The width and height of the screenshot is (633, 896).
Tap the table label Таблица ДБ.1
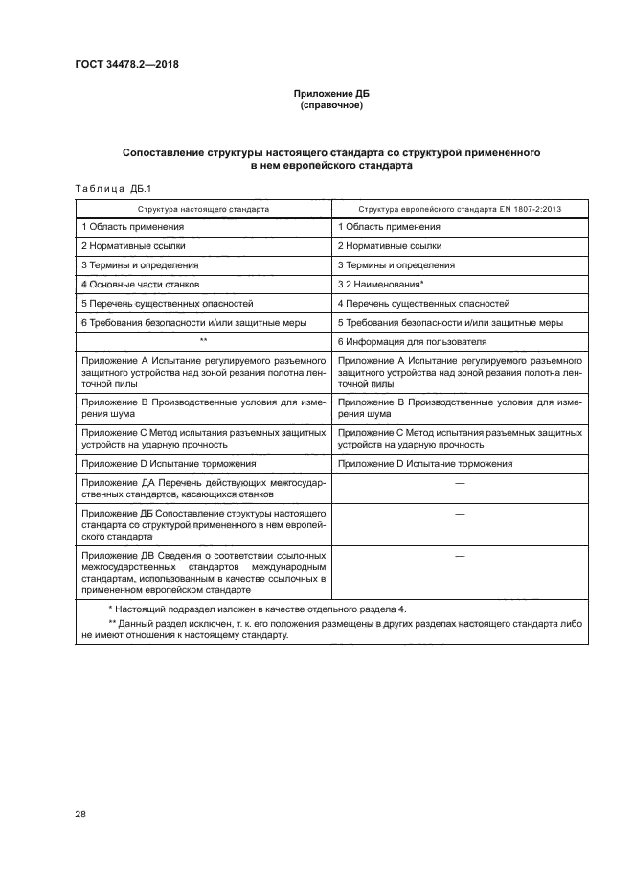click(105, 188)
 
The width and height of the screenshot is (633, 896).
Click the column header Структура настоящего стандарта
click(203, 208)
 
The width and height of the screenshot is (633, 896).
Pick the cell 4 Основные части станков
click(141, 285)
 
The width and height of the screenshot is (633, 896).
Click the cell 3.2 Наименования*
click(381, 285)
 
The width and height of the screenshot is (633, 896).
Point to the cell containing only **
click(203, 342)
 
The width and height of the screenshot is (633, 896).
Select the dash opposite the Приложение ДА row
click(460, 484)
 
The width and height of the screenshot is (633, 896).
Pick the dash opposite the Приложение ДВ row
click(460, 556)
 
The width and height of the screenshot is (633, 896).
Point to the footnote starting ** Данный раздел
click(330, 629)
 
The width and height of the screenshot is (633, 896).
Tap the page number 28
click(79, 815)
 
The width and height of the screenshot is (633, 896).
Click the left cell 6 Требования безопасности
click(193, 323)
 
